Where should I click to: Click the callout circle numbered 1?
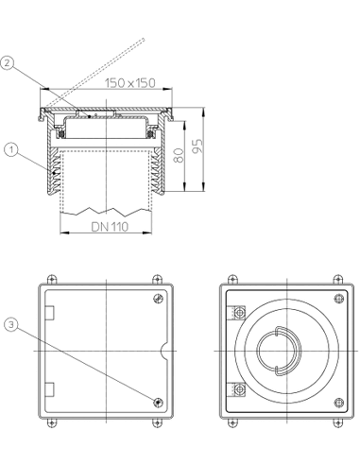pos(11,149)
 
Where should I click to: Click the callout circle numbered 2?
pos(7,63)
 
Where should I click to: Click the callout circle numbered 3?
pos(11,325)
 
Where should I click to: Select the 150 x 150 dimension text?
pos(130,83)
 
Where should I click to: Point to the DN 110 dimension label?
pos(110,227)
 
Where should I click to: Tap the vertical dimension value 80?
pos(179,155)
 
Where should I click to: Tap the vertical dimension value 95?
pos(197,146)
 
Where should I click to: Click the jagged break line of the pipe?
pos(106,212)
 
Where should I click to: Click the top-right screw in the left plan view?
pos(158,298)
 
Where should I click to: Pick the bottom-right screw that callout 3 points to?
pos(158,403)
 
